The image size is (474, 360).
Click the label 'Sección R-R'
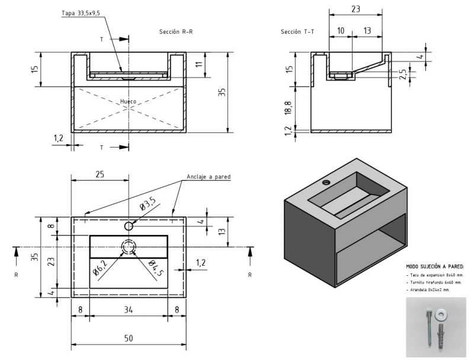click(x=176, y=31)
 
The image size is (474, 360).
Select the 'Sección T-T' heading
click(x=297, y=31)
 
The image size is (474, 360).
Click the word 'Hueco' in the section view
click(x=128, y=101)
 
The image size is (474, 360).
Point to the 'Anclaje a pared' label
click(x=208, y=177)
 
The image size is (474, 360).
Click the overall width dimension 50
click(x=129, y=338)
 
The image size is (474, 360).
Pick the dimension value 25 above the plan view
click(x=100, y=174)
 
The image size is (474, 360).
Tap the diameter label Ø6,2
click(x=100, y=271)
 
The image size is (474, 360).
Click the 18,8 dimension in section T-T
click(x=288, y=107)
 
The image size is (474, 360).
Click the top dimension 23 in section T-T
click(x=356, y=9)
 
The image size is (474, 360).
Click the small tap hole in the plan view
click(x=129, y=226)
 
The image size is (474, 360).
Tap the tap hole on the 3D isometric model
click(x=325, y=182)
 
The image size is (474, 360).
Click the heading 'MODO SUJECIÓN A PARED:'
click(x=435, y=267)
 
